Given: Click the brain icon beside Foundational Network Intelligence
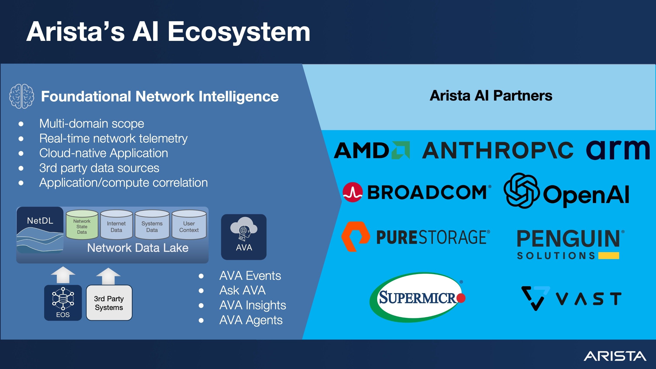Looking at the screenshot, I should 22,96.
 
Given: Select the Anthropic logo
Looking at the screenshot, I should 498,150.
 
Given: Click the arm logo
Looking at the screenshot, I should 618,150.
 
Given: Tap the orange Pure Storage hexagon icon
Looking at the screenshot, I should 356,237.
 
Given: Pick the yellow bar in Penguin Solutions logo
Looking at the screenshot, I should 608,255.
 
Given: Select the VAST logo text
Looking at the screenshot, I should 588,299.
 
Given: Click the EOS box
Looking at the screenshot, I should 63,303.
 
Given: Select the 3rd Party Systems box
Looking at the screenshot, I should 109,303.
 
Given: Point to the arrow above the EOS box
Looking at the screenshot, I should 63,275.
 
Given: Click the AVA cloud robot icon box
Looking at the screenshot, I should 244,237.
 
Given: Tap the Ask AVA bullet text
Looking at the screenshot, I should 243,290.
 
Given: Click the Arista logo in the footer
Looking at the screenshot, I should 614,356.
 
